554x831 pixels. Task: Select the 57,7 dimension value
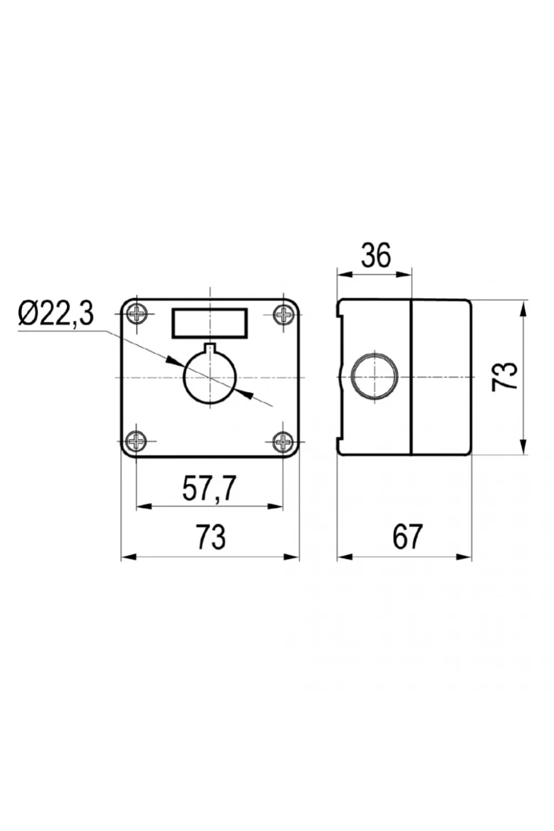[209, 489]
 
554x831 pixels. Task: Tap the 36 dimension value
[376, 256]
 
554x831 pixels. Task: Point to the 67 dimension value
[407, 537]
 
